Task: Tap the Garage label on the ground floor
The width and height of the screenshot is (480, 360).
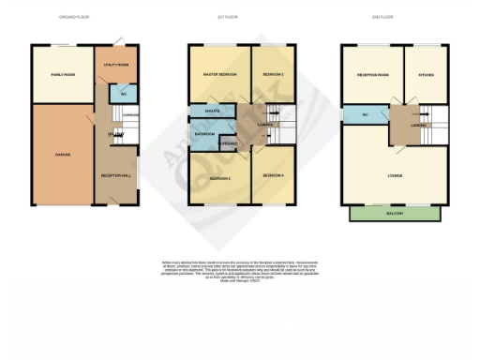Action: [62, 155]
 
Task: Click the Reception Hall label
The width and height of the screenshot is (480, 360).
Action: [115, 174]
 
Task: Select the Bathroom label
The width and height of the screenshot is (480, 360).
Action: [204, 134]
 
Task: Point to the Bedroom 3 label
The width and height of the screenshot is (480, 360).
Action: [219, 177]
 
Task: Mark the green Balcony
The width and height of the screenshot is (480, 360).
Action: [394, 214]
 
